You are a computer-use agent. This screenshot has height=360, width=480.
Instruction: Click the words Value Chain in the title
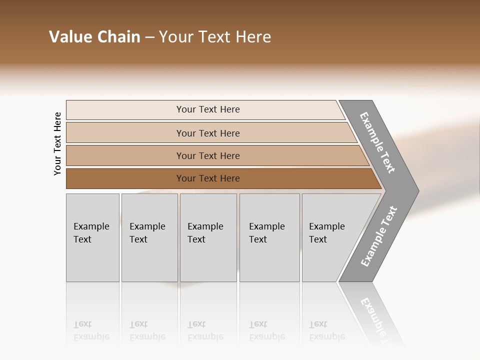[94, 37]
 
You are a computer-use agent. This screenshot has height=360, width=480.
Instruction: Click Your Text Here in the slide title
[215, 37]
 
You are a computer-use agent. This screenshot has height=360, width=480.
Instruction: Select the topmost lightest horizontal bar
[125, 110]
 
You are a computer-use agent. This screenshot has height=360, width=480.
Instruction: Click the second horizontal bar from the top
[125, 133]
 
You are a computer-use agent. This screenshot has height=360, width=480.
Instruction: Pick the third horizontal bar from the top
[125, 155]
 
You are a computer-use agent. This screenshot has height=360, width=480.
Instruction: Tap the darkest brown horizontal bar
[125, 178]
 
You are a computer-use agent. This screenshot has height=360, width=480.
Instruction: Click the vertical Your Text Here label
[57, 143]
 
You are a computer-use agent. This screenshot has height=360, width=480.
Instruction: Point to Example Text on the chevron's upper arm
[377, 143]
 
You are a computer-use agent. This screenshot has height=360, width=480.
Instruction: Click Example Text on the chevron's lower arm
[378, 236]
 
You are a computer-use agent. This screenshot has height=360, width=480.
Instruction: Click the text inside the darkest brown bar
[208, 178]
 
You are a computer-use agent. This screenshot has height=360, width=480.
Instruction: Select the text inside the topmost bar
[208, 109]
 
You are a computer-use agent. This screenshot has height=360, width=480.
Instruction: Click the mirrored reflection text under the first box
[91, 330]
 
